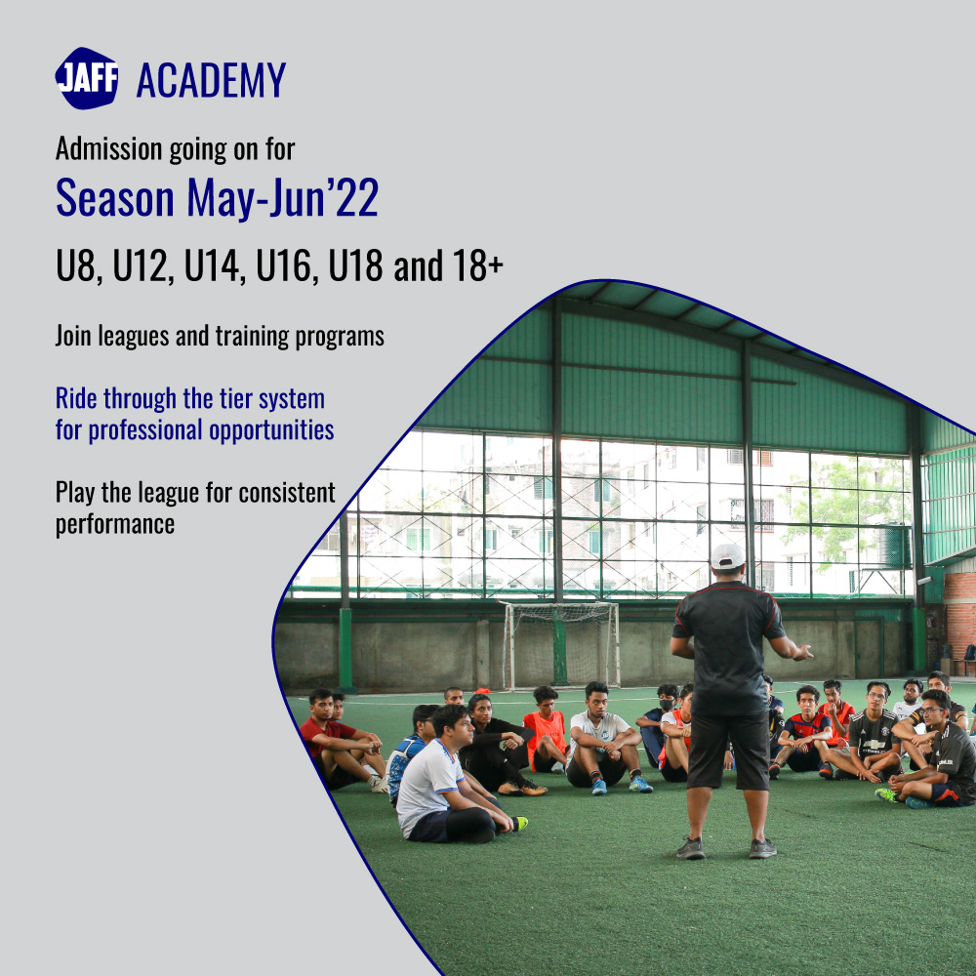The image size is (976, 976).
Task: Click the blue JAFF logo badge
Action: click(x=87, y=78)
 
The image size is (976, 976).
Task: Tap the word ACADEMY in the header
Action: click(x=211, y=80)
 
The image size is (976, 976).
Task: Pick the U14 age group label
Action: click(x=213, y=266)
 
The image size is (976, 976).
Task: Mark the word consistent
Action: click(x=288, y=492)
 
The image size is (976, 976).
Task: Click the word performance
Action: click(x=115, y=523)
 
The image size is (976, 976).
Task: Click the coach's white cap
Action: click(x=727, y=555)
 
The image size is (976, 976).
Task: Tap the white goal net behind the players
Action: click(x=560, y=644)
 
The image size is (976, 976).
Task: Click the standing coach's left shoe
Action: click(x=691, y=848)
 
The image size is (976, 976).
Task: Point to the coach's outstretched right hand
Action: click(x=802, y=652)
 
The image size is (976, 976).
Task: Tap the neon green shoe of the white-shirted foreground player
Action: click(x=520, y=824)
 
